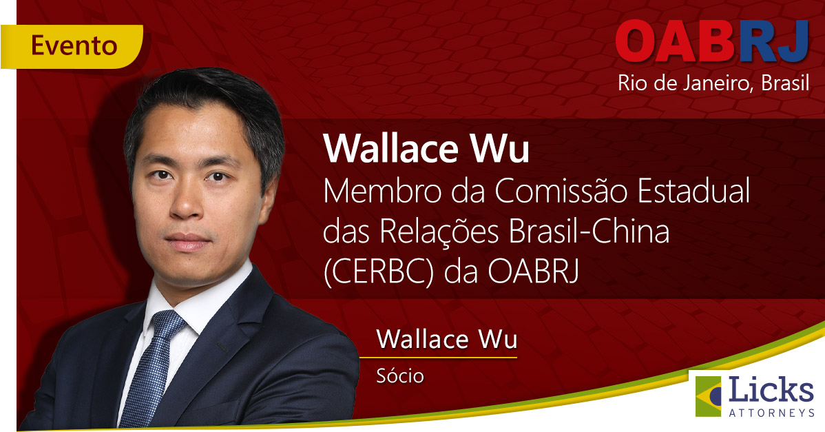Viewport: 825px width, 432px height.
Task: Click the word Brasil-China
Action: [x=589, y=232]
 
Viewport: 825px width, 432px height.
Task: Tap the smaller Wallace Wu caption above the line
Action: [x=447, y=340]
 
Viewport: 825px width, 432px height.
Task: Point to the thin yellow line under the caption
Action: [x=438, y=358]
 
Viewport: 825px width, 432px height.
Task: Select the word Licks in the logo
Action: [x=771, y=391]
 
